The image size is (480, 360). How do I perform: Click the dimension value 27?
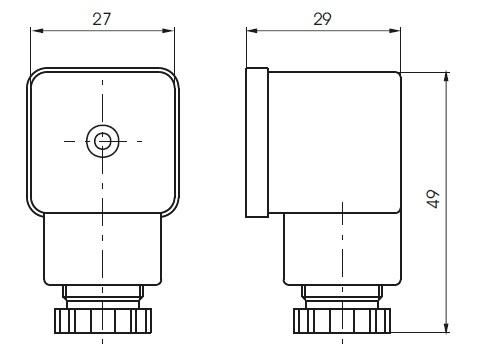coord(101,19)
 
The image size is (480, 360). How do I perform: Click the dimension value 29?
coord(322,19)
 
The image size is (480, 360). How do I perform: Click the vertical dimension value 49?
coord(433,199)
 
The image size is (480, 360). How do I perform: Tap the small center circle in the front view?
coord(102,141)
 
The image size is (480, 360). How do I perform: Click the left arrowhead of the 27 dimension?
coord(37,31)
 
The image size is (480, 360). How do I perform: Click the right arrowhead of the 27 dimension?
coord(168,31)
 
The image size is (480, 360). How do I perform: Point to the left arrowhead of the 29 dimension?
coord(253,31)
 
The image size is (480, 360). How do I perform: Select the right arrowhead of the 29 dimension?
coord(394,31)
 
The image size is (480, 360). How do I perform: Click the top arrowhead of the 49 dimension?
coord(446,78)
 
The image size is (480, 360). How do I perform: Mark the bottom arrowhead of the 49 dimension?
coord(446,326)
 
